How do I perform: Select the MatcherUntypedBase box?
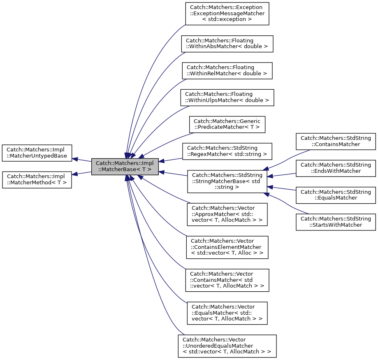click(x=37, y=153)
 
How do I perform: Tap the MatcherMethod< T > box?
click(x=37, y=180)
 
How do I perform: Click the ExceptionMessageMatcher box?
click(x=227, y=14)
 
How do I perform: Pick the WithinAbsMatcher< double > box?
click(x=227, y=44)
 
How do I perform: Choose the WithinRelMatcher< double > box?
click(x=227, y=70)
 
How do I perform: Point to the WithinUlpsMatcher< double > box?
click(x=227, y=97)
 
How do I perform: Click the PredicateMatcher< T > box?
click(x=227, y=124)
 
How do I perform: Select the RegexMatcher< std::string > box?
click(x=227, y=151)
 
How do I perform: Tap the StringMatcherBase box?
click(x=227, y=181)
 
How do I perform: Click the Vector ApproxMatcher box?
click(x=227, y=214)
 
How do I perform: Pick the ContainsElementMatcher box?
click(x=227, y=247)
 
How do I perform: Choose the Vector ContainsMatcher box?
click(x=227, y=280)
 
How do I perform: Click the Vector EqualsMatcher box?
click(x=227, y=313)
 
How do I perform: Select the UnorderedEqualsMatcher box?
click(x=227, y=346)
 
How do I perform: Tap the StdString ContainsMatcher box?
click(x=336, y=142)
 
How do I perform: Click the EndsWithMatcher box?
click(x=336, y=168)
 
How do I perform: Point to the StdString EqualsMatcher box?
click(x=336, y=195)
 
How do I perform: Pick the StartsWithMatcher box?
click(x=336, y=222)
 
